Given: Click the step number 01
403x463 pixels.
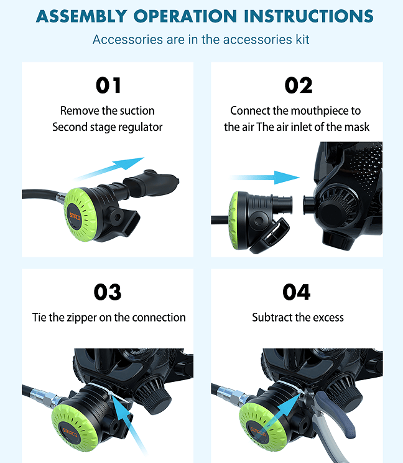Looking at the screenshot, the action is (x=108, y=85).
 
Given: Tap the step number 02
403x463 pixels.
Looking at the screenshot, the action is (x=299, y=85).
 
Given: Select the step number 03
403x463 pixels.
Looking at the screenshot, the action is (x=108, y=292).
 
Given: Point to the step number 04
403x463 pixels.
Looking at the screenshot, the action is (x=297, y=292).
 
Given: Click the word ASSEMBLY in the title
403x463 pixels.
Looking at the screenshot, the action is (x=81, y=16).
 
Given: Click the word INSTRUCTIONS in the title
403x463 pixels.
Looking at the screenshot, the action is (x=308, y=16).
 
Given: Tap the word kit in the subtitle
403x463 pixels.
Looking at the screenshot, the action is (x=302, y=39).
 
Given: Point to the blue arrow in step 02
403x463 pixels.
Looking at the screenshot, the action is (x=264, y=178).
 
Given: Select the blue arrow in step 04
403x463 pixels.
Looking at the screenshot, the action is (x=280, y=411).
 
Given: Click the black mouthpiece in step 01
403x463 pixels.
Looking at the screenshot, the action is (x=151, y=184).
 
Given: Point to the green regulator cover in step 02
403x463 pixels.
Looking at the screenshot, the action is (x=235, y=220).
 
